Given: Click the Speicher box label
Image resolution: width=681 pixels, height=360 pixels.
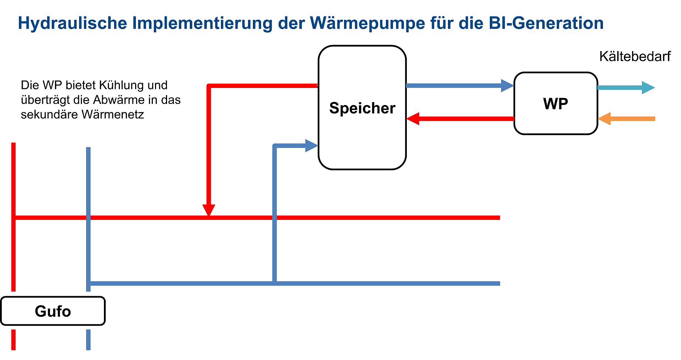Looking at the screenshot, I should coord(362,108).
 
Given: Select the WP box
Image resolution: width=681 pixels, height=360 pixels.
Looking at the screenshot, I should coord(555,104).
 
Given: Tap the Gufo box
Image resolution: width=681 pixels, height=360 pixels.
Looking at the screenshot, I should coord(53,311).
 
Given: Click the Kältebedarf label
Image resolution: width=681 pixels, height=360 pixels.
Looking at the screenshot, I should coord(635,56).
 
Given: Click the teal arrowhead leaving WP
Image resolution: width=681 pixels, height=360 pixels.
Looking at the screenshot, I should coord(648,88).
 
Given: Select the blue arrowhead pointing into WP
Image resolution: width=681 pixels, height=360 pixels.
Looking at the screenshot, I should coord(507,85).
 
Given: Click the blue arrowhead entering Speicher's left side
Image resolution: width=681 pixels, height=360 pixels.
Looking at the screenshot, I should coord(311,145).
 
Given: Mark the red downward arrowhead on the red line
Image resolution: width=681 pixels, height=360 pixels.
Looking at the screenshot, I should coord(209,210).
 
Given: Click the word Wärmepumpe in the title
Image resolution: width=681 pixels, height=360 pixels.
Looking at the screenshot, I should coord(367,23).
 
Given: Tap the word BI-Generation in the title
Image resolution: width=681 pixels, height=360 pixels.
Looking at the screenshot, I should coord(546,23).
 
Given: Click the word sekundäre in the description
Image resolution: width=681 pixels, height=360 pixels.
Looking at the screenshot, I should coord(49,115).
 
